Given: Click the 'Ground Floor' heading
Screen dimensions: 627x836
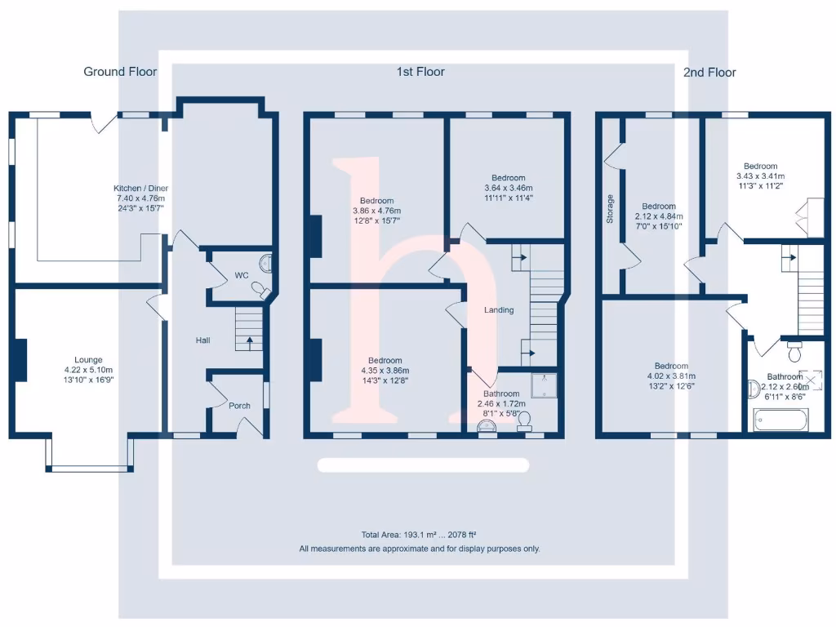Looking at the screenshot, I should [x=120, y=72].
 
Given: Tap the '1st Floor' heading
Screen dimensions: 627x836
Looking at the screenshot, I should [x=420, y=72].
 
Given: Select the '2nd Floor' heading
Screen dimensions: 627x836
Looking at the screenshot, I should [x=709, y=72].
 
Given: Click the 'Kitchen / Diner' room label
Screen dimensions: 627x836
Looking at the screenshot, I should [x=140, y=189].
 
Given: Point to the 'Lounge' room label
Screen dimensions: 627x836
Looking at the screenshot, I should [x=88, y=359].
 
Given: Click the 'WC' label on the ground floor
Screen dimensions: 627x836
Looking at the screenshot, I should [x=242, y=276].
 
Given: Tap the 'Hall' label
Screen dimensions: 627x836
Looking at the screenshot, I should [x=202, y=340].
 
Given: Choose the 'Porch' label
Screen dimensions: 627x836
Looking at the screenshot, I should [x=239, y=406].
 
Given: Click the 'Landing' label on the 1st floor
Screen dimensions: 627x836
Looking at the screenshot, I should [x=498, y=309].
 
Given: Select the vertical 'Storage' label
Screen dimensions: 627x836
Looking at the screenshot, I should [x=610, y=209].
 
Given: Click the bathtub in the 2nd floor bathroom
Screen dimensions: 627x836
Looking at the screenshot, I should [x=780, y=421].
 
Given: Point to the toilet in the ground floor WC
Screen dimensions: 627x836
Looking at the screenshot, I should [x=260, y=289].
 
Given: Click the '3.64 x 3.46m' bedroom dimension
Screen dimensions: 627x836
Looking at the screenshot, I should [x=508, y=188].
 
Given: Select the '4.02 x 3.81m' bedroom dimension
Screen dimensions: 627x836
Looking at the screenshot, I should [x=670, y=376].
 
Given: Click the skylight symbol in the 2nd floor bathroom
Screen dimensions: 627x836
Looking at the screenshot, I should [x=811, y=380].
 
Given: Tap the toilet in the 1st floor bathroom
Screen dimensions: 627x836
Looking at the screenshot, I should [x=524, y=420].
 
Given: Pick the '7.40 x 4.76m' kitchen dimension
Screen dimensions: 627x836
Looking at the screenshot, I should [x=140, y=198].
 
